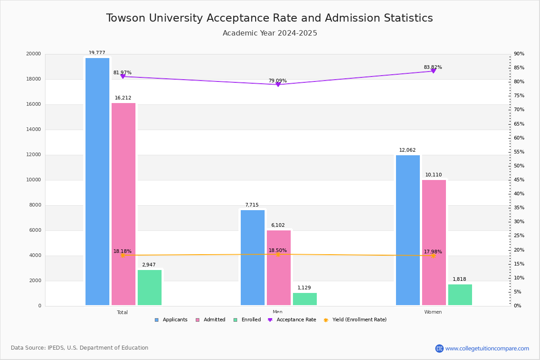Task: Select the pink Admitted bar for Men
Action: (279, 268)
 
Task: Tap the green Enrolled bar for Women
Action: (460, 295)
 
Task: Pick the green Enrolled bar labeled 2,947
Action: (149, 288)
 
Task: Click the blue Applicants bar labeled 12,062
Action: (408, 230)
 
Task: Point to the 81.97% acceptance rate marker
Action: (122, 76)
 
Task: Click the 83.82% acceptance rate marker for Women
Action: (433, 71)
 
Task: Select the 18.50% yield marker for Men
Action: (278, 254)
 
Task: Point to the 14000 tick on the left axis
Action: (34, 130)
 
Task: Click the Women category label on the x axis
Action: (433, 312)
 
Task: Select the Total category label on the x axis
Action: (122, 312)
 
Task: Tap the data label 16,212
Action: (123, 98)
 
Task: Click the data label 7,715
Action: (252, 205)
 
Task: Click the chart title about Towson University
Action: (270, 18)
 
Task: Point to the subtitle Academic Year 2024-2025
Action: (270, 33)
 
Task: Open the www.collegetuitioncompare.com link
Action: (487, 348)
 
